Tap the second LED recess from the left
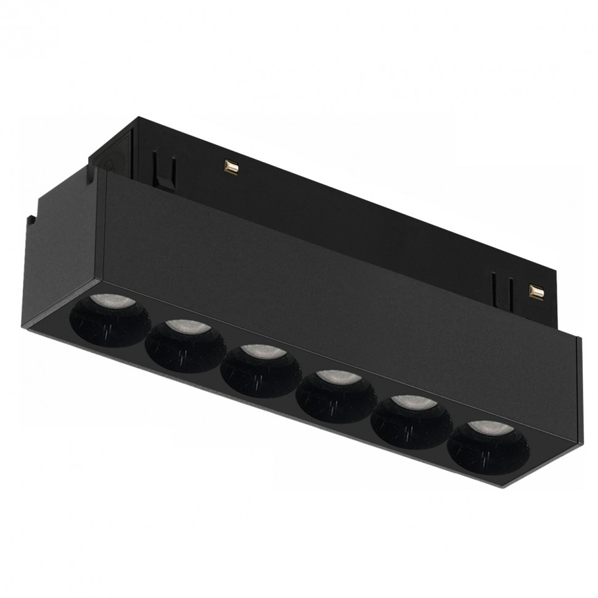pos(185,345)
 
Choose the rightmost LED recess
pos(488,446)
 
